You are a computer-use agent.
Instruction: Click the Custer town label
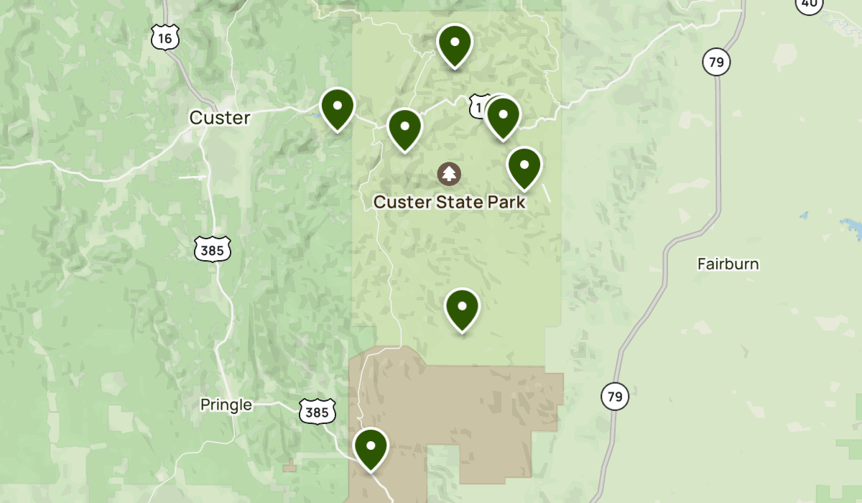point(220,118)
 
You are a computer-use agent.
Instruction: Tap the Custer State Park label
point(449,202)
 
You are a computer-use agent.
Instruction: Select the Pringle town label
point(226,405)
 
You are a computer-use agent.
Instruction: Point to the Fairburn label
point(728,264)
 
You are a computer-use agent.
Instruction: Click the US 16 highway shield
point(165,37)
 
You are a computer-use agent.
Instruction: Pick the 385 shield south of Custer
point(213,249)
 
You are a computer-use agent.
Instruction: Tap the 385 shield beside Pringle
point(318,412)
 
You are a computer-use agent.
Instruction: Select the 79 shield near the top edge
point(716,63)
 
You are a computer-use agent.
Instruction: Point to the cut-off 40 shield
point(810,4)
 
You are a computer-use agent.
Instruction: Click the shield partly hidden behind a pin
point(479,106)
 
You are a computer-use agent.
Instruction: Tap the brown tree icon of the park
point(449,173)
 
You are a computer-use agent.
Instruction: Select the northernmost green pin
point(455,45)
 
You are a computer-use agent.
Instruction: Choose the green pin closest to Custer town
point(338,109)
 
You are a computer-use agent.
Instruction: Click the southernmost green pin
point(371,448)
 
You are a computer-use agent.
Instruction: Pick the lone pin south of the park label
point(463,309)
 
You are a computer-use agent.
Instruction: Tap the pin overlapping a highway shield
point(503,116)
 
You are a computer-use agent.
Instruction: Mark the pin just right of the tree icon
point(524,167)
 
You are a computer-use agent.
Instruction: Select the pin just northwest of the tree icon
point(405,129)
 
